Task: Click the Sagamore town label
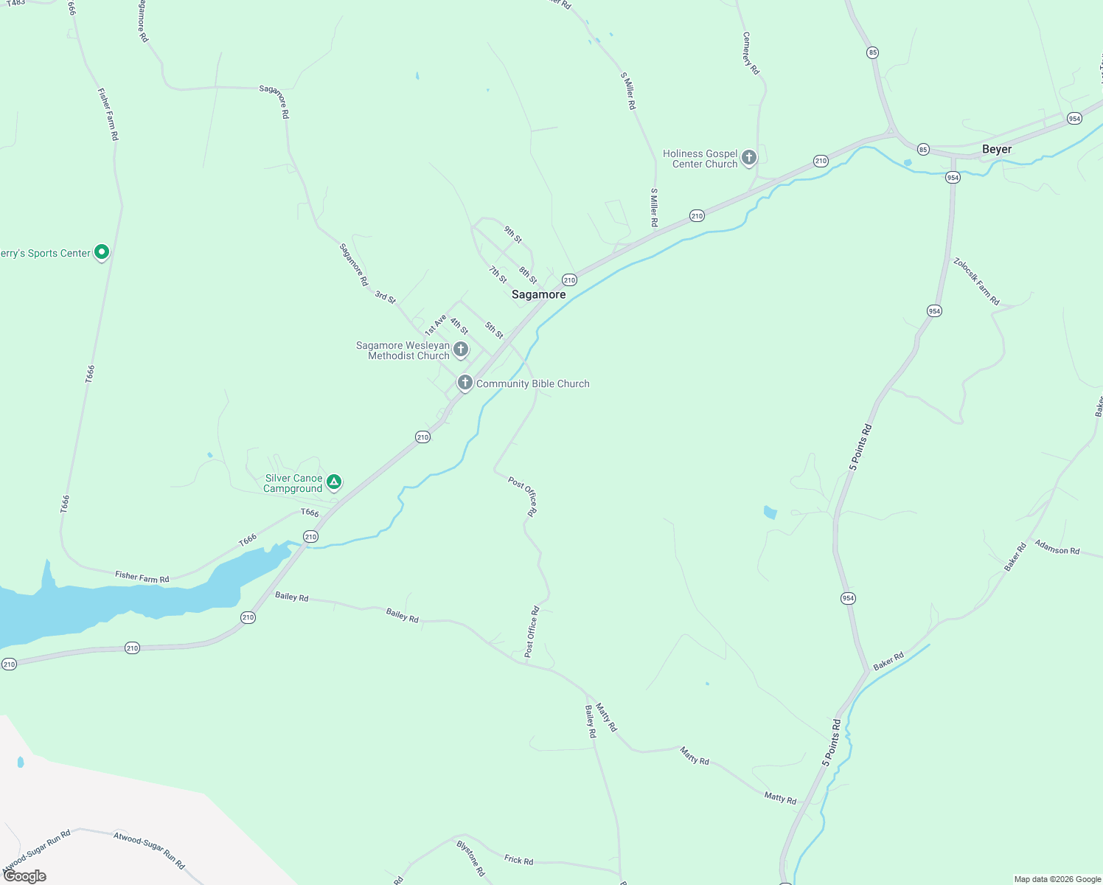pos(538,294)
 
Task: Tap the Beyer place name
pos(996,149)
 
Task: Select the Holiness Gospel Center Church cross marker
pos(749,157)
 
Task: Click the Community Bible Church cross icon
pos(464,383)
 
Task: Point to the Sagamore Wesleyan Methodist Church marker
pos(461,350)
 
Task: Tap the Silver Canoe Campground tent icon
pos(334,482)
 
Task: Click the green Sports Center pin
pos(102,252)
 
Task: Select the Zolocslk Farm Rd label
pos(976,281)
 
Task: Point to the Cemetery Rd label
pos(751,53)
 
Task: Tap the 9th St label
pos(513,235)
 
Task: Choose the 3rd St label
pos(385,297)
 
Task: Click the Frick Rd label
pos(518,860)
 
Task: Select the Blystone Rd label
pos(470,858)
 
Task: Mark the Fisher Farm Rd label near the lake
pos(142,577)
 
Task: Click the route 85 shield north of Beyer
pos(873,52)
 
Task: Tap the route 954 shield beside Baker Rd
pos(848,598)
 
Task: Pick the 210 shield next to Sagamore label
pos(569,280)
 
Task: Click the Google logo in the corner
pos(25,876)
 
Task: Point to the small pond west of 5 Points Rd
pos(770,512)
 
